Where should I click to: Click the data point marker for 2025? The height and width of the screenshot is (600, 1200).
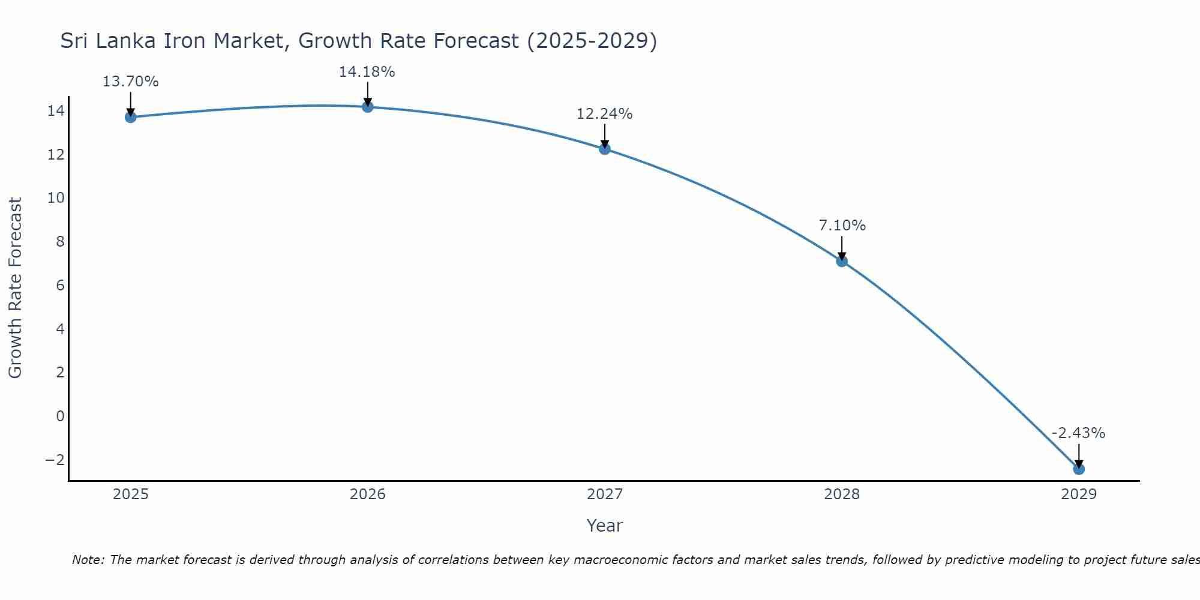pyautogui.click(x=131, y=117)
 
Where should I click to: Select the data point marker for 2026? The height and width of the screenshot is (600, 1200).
pyautogui.click(x=368, y=107)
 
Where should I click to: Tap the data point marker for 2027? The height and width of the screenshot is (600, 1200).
pyautogui.click(x=605, y=149)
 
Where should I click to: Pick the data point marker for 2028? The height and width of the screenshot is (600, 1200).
pyautogui.click(x=842, y=261)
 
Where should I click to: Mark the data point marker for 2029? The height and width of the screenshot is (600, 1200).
pyautogui.click(x=1079, y=469)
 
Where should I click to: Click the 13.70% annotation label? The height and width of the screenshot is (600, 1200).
pyautogui.click(x=130, y=82)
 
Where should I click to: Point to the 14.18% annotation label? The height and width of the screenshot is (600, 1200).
pyautogui.click(x=367, y=72)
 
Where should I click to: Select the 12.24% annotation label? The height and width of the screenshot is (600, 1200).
pyautogui.click(x=604, y=114)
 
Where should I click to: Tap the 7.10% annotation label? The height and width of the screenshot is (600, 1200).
pyautogui.click(x=842, y=226)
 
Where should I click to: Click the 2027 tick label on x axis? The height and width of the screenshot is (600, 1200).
pyautogui.click(x=605, y=494)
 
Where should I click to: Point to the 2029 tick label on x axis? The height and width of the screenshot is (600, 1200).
pyautogui.click(x=1079, y=494)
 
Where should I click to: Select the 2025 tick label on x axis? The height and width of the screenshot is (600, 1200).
pyautogui.click(x=131, y=494)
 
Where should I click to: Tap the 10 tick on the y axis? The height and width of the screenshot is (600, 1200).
pyautogui.click(x=56, y=198)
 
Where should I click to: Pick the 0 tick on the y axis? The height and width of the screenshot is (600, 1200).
pyautogui.click(x=60, y=416)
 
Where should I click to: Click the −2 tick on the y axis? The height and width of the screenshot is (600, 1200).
pyautogui.click(x=55, y=460)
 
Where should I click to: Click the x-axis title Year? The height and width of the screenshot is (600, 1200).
pyautogui.click(x=605, y=526)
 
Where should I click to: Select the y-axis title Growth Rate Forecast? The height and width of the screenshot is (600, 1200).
pyautogui.click(x=16, y=288)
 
